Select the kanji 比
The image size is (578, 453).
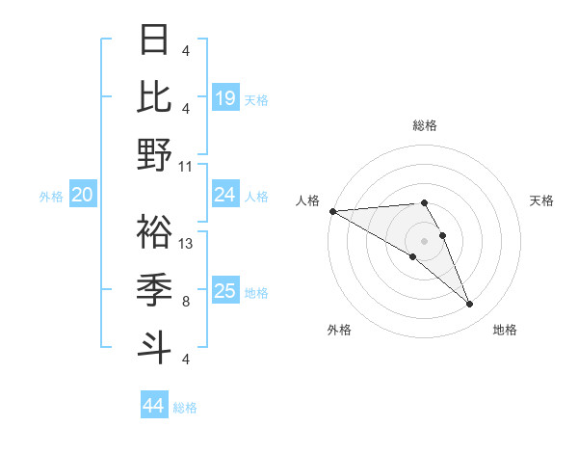(x=155, y=96)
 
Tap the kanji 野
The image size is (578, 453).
(x=155, y=154)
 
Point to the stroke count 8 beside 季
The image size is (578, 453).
(x=185, y=301)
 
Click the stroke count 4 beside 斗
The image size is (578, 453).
(x=185, y=359)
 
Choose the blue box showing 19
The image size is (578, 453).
(x=224, y=98)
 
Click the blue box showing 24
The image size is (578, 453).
(x=224, y=196)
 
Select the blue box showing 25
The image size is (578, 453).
(x=224, y=292)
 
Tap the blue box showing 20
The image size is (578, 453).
(x=82, y=196)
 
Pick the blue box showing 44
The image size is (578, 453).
(x=153, y=406)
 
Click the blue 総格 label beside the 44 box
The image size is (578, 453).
(x=185, y=408)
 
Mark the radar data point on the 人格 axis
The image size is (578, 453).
(x=332, y=211)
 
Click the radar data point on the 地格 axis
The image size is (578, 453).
(x=469, y=305)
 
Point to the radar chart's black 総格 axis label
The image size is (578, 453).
(x=424, y=125)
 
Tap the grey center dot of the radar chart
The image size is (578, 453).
(x=424, y=240)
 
